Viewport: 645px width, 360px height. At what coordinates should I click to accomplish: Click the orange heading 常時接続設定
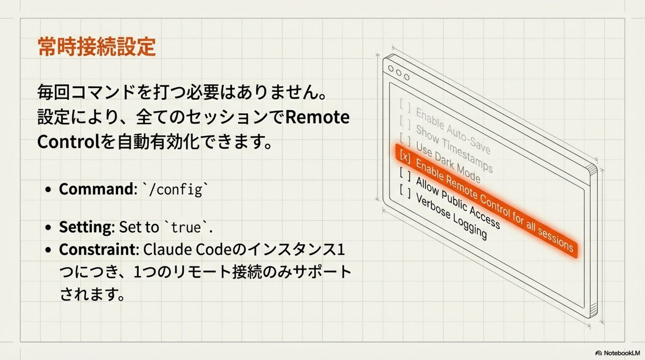coord(97,47)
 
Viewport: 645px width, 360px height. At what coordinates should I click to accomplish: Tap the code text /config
coord(175,189)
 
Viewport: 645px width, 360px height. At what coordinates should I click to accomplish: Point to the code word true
coord(186,228)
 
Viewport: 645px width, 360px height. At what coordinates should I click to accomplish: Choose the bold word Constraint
coord(97,250)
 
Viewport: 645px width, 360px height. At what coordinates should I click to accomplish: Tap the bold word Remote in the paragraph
coord(317,117)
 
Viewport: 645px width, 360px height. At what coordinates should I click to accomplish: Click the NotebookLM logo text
coord(621,353)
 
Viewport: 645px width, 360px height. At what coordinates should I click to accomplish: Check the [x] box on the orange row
coord(405,156)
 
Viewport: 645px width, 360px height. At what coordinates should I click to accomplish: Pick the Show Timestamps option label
coord(454,148)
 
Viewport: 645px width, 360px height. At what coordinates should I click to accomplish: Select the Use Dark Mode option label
coord(448,162)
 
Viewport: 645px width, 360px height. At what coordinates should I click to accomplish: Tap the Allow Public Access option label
coord(458,203)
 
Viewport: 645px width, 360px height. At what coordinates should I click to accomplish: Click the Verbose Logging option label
coord(451,216)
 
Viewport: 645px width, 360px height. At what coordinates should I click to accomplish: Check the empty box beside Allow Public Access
coord(405,174)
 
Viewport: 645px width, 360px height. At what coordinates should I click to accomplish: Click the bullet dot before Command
coord(48,189)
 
